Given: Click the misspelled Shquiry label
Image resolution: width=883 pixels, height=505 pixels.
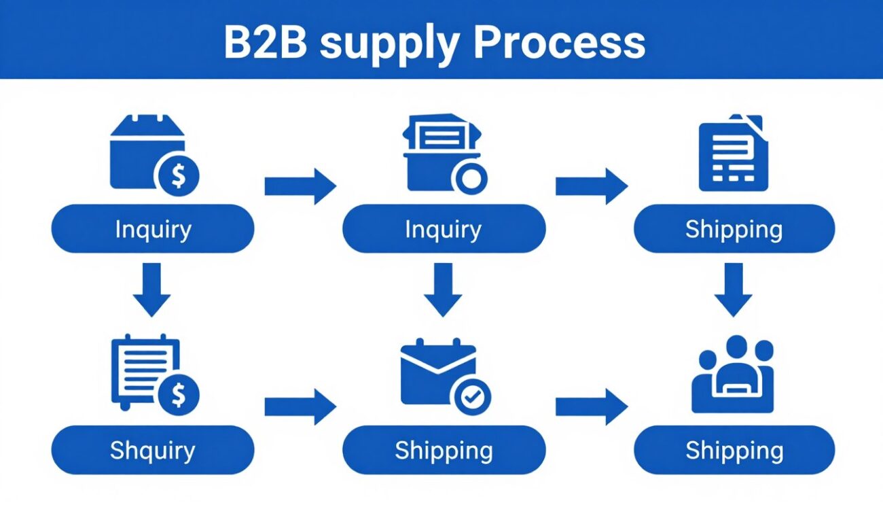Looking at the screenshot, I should click(x=153, y=450).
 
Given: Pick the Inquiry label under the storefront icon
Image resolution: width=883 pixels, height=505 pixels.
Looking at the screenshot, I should click(x=153, y=229).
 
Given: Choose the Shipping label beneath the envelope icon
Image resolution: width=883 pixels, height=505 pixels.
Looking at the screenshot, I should click(x=444, y=450).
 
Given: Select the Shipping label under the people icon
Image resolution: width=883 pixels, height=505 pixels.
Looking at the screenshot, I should click(x=734, y=450).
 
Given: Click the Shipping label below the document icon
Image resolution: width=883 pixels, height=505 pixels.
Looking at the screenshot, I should click(x=734, y=229).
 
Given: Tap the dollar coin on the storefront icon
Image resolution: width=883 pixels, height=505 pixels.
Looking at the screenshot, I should click(x=178, y=176).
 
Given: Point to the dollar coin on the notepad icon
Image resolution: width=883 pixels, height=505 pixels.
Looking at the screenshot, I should click(x=178, y=395).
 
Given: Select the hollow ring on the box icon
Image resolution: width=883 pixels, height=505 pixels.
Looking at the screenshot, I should click(x=469, y=178).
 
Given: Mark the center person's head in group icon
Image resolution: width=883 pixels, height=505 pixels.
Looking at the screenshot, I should click(x=736, y=347).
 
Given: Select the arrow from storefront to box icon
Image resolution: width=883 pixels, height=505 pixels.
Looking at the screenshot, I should click(x=300, y=186).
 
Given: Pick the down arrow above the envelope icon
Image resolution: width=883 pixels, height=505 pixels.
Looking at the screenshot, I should click(x=443, y=290).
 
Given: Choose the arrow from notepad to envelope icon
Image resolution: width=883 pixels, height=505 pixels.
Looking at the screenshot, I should click(x=300, y=406).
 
